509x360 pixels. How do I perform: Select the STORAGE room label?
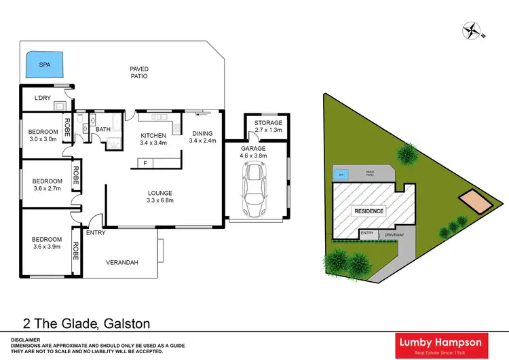[268, 122]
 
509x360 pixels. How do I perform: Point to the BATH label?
[103, 129]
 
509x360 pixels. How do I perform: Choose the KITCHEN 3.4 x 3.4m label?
[153, 139]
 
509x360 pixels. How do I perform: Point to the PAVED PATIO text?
[139, 73]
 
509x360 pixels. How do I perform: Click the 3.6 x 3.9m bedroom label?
[47, 243]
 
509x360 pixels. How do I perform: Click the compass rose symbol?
[470, 29]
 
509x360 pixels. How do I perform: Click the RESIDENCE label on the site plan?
[368, 211]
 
